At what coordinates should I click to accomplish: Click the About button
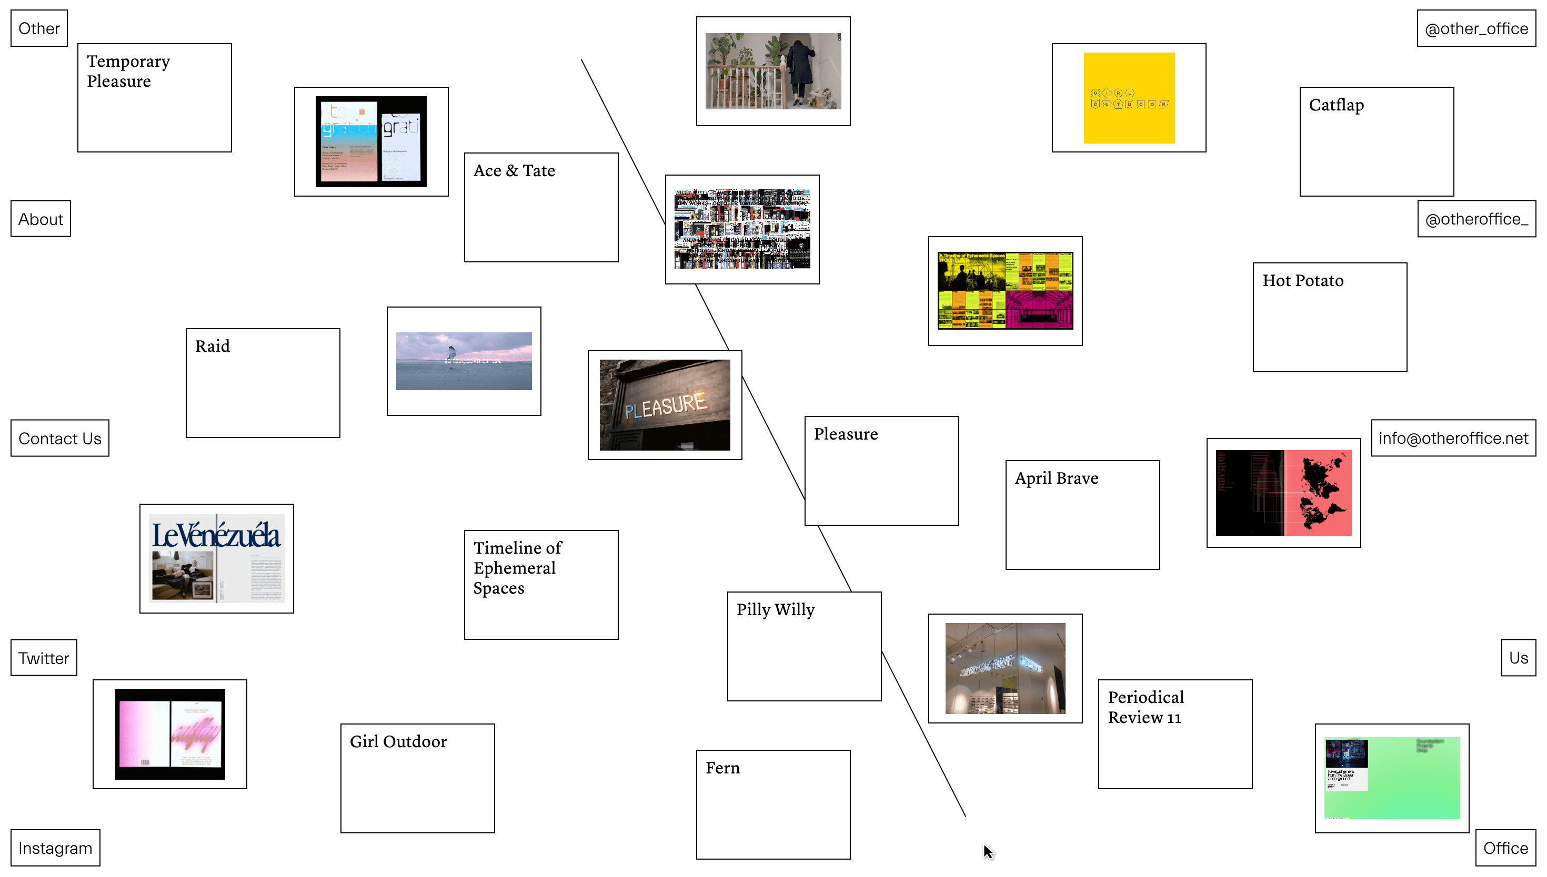pos(41,219)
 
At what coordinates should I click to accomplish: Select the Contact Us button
pos(59,438)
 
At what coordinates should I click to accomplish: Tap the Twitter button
pos(43,658)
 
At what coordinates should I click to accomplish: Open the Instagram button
pos(55,848)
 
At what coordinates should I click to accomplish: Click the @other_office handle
pos(1476,28)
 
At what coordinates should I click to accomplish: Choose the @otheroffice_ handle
pos(1476,219)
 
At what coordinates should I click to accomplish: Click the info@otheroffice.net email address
pos(1453,438)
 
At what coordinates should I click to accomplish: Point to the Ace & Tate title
pos(514,171)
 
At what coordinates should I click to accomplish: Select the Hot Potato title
pos(1302,281)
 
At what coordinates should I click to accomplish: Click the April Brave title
pos(1056,479)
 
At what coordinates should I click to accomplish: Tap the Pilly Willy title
pos(775,610)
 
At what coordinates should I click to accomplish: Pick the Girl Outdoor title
pos(398,742)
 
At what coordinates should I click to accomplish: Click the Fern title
pos(722,769)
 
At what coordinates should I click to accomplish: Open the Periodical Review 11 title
pos(1145,707)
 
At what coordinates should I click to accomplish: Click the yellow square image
pos(1128,98)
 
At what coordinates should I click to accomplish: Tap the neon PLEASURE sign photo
pos(665,405)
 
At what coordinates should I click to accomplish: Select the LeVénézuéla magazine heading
pos(216,535)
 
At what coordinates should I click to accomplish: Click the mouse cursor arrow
pos(987,851)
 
